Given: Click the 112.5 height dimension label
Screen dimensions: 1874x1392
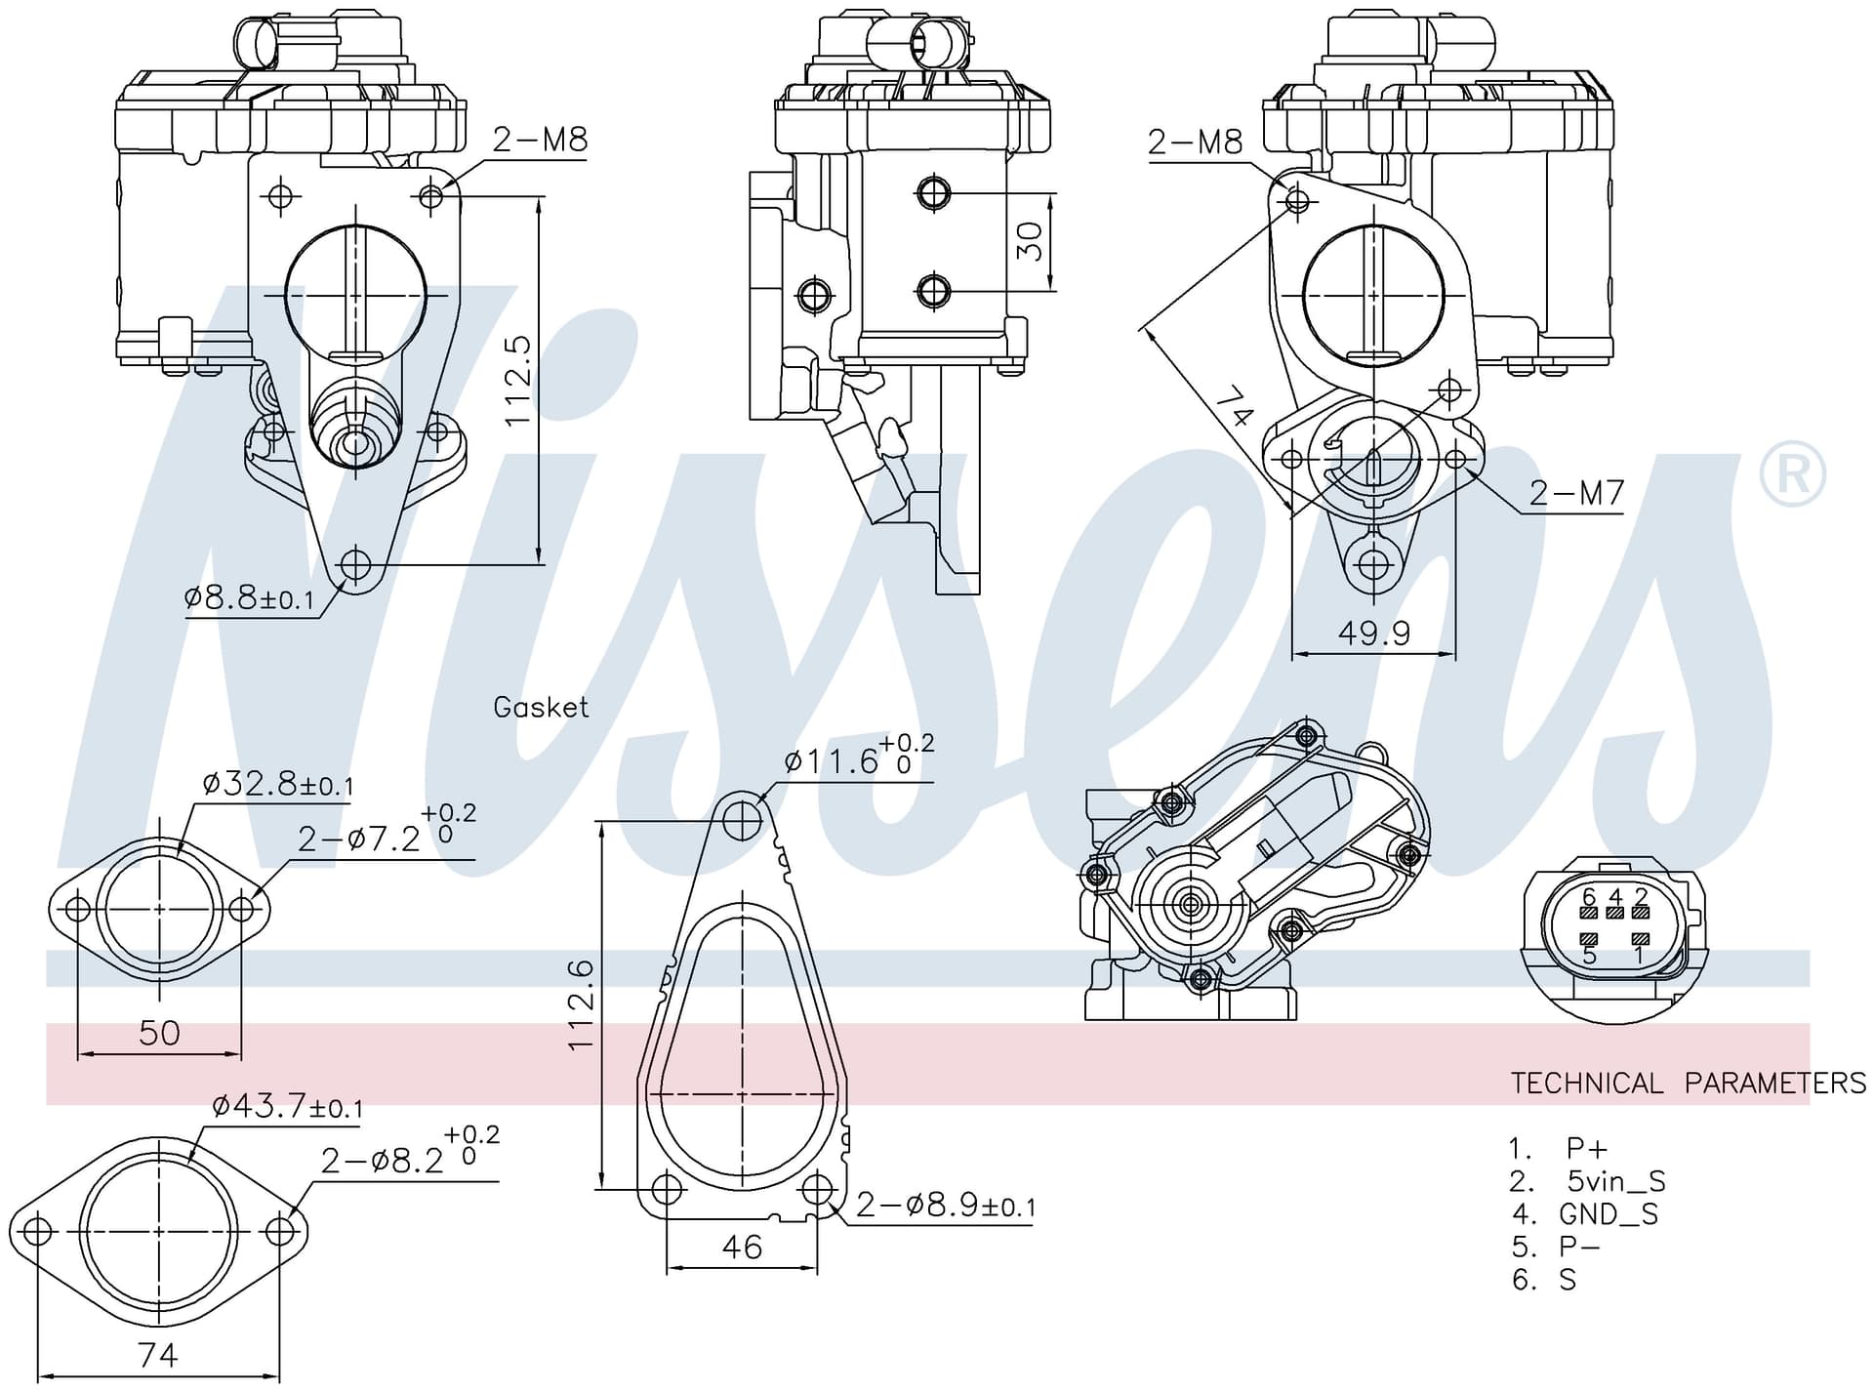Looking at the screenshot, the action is pyautogui.click(x=517, y=380).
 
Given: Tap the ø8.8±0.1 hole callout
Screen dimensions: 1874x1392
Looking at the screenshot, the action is pyautogui.click(x=249, y=597).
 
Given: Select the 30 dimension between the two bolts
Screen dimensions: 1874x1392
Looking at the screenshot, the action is pyautogui.click(x=1029, y=241).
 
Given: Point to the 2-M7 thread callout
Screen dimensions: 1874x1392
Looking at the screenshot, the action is pyautogui.click(x=1576, y=493).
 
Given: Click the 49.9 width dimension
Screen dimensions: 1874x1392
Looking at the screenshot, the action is pyautogui.click(x=1373, y=634).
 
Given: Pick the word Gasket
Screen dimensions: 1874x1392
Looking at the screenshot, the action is pyautogui.click(x=541, y=707).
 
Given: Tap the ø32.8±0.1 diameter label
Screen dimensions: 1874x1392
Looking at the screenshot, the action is pyautogui.click(x=278, y=783).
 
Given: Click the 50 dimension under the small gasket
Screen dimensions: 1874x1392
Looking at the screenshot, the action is pyautogui.click(x=159, y=1032).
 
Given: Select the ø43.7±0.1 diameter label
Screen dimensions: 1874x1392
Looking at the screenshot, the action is pyautogui.click(x=287, y=1106).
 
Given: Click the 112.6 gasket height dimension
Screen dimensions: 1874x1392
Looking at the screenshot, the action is pyautogui.click(x=581, y=1004).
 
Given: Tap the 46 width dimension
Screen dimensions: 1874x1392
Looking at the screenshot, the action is pyautogui.click(x=742, y=1247).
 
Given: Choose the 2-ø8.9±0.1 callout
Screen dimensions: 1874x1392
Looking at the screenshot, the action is pyautogui.click(x=945, y=1206).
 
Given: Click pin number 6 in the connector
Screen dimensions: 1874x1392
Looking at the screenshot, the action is pyautogui.click(x=1588, y=896).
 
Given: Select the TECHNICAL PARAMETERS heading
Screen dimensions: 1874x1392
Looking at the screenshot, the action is pyautogui.click(x=1689, y=1083).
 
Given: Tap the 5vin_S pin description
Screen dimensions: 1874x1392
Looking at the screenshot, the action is pyautogui.click(x=1616, y=1181).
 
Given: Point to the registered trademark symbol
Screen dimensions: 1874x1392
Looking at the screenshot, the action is pyautogui.click(x=1792, y=474).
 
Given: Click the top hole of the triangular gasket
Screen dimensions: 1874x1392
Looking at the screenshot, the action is pyautogui.click(x=743, y=821).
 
